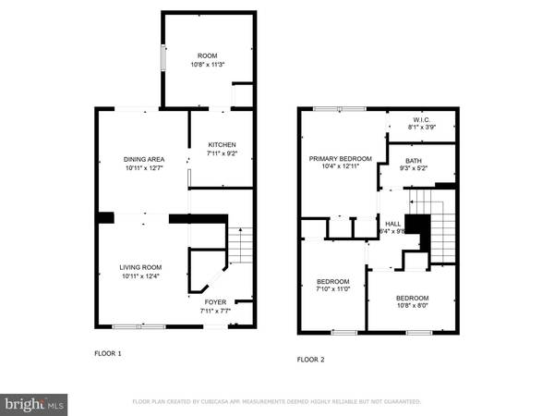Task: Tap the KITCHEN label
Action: tap(222, 145)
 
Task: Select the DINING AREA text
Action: tap(144, 159)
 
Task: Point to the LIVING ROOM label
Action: tap(140, 267)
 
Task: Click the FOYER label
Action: tap(215, 301)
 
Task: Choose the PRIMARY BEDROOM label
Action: tap(340, 159)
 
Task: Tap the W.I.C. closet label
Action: tap(423, 118)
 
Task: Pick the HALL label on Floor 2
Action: tap(393, 224)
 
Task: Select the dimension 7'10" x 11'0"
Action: tap(332, 290)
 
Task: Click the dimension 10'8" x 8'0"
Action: tap(412, 307)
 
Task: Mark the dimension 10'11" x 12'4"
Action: tap(140, 276)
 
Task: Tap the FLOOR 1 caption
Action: tap(108, 353)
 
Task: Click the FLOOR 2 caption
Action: tap(311, 360)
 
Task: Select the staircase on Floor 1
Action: tap(240, 245)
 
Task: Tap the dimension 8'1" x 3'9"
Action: tap(423, 128)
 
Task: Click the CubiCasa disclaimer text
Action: tap(277, 402)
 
